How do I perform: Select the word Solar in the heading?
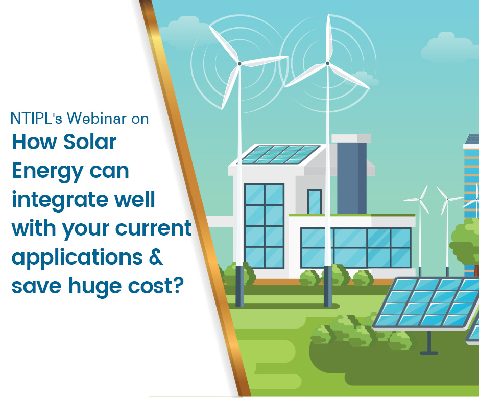tap(90, 142)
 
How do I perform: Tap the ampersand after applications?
tap(156, 257)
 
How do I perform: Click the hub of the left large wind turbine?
tap(240, 64)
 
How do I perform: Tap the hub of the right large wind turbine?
tap(327, 63)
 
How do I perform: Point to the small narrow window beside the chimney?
tap(315, 201)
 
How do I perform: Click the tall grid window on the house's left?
tap(264, 226)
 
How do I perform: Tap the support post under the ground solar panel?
tap(429, 343)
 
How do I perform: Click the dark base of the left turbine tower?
tap(240, 286)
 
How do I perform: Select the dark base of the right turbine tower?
tap(327, 286)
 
